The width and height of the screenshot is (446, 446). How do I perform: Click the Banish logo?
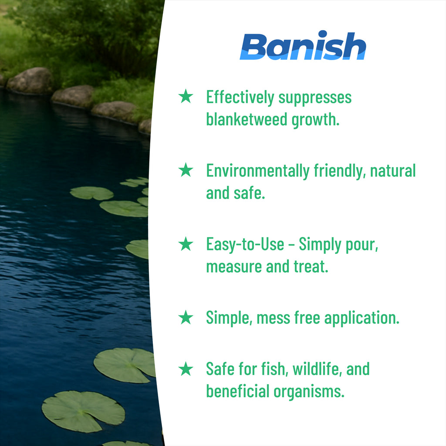[303, 45]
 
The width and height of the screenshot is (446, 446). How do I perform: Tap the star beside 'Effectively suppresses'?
[186, 96]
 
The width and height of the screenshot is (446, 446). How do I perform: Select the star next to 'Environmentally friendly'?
[186, 170]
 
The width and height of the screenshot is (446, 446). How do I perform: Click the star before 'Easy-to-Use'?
[186, 244]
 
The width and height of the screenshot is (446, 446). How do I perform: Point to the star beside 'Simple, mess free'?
[186, 318]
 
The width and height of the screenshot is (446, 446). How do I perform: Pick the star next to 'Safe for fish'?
[186, 368]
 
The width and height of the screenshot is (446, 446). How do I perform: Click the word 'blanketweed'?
[247, 119]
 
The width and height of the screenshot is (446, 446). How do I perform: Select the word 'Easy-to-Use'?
[245, 244]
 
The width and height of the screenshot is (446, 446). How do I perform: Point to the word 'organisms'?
[309, 392]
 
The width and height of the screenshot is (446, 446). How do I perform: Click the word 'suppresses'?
[315, 98]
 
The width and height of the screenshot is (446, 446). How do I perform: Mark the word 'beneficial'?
[237, 391]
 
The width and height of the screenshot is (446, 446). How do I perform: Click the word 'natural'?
[393, 170]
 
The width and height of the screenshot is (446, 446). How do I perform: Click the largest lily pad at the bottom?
[83, 411]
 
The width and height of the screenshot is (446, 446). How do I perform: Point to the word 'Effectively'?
[240, 98]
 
